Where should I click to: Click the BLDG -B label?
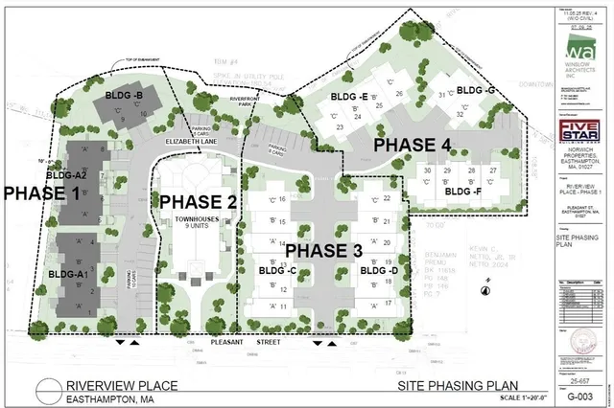click(x=125, y=97)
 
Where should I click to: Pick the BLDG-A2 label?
click(x=67, y=175)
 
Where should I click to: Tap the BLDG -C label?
click(x=276, y=271)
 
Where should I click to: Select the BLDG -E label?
click(x=349, y=98)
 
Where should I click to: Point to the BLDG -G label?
click(x=476, y=90)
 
